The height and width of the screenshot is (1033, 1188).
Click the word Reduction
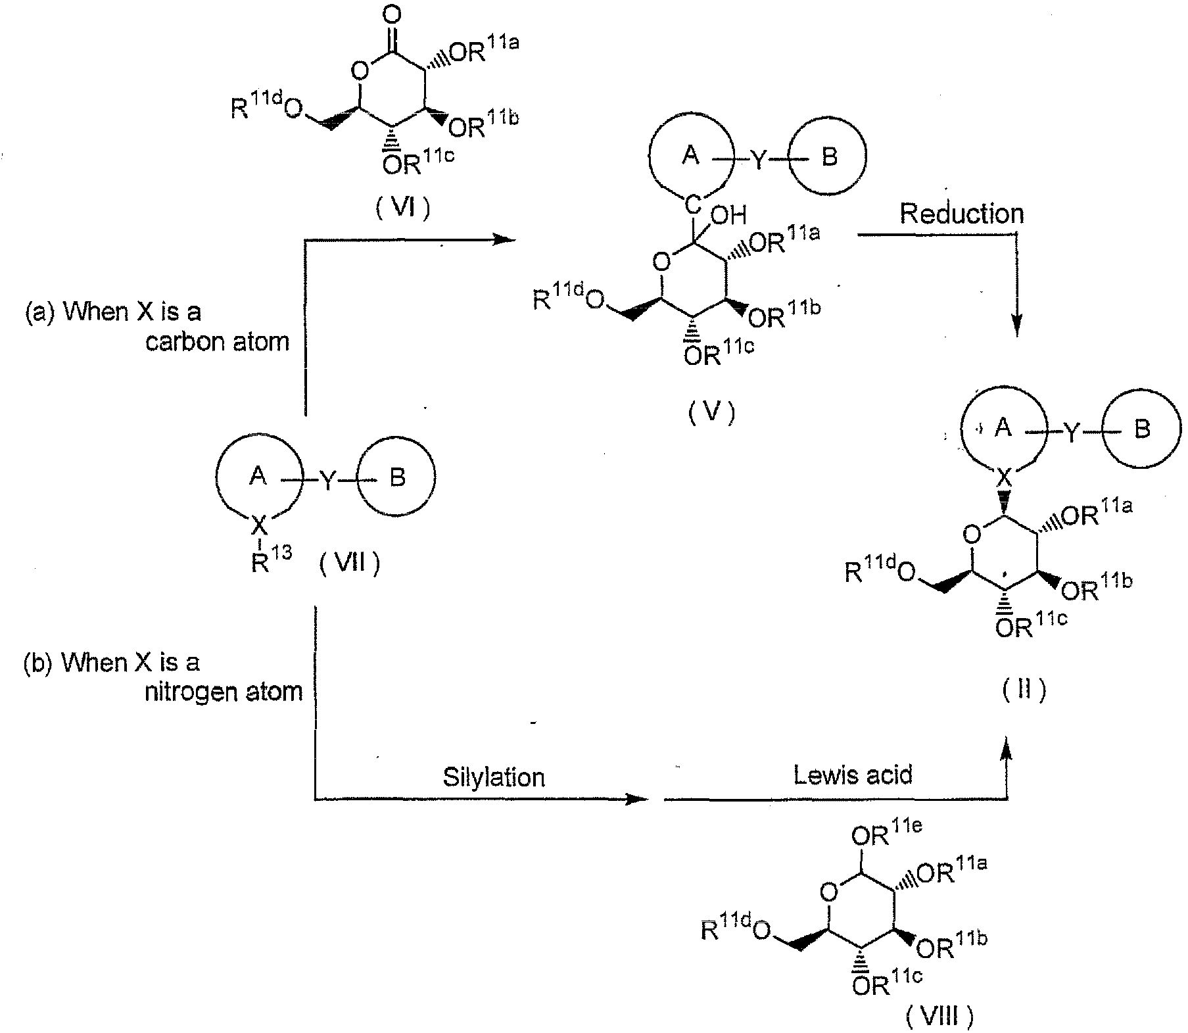point(961,214)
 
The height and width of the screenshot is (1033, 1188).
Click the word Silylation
point(494,777)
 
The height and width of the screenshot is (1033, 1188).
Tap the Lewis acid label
point(853,775)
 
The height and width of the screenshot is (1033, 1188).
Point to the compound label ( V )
point(712,412)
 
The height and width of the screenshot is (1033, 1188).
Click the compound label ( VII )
point(350,563)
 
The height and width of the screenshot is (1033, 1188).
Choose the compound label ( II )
point(1024,690)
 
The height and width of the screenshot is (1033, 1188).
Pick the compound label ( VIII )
point(938,1017)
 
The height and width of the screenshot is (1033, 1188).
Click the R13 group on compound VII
point(270,561)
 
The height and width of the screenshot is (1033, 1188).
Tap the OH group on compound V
point(729,215)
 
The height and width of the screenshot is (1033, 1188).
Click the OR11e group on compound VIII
point(884,835)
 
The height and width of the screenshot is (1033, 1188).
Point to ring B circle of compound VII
point(398,477)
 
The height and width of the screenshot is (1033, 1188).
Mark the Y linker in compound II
point(1072,431)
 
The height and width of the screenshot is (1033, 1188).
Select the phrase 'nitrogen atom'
point(224,692)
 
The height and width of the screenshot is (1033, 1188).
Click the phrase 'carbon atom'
point(218,342)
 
